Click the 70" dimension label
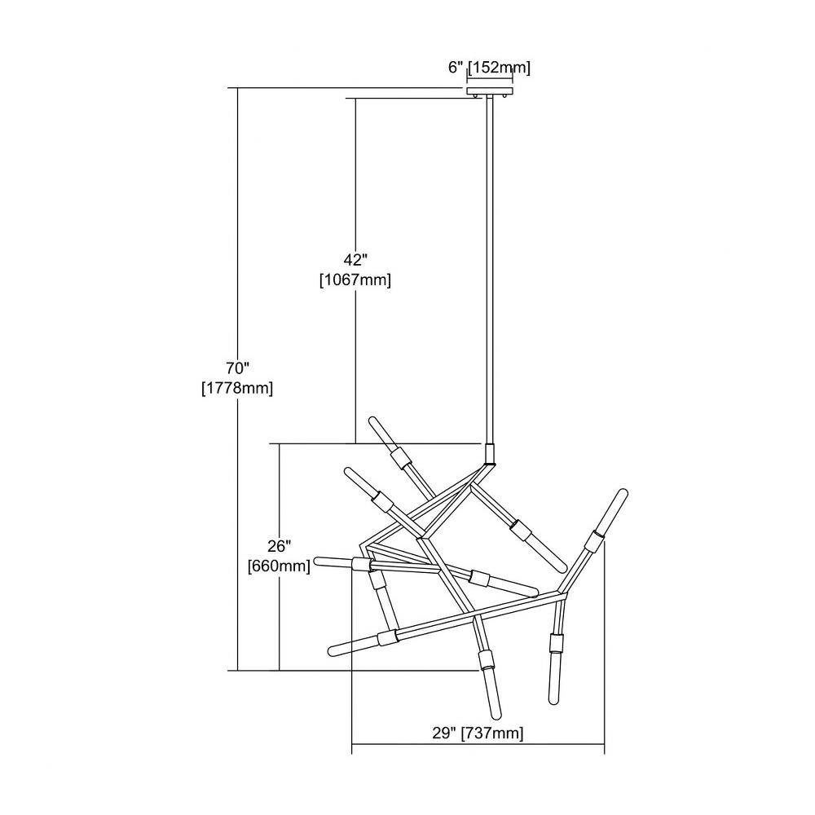[238, 368]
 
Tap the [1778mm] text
[237, 388]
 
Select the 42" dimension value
[355, 260]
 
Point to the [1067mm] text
[355, 280]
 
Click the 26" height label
[279, 546]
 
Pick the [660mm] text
[279, 566]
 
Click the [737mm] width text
[493, 733]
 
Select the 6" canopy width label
[456, 68]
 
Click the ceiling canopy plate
[490, 91]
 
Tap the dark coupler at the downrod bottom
[489, 454]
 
